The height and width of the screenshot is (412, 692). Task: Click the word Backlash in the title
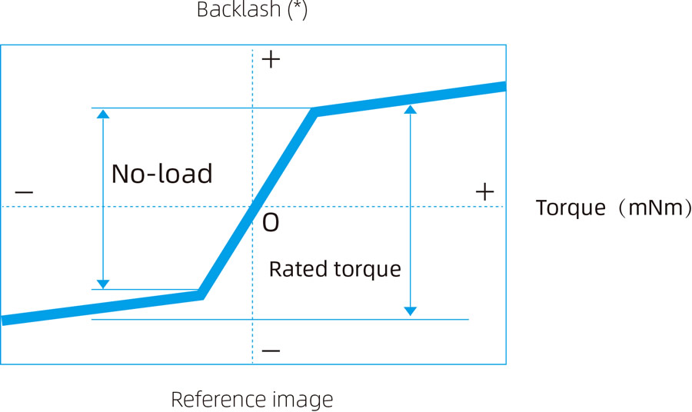point(238,9)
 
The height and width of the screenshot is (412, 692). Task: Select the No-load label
point(162,174)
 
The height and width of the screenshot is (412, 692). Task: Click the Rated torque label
point(335,269)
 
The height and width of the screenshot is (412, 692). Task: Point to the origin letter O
point(271,223)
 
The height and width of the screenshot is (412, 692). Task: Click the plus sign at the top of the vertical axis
point(271,59)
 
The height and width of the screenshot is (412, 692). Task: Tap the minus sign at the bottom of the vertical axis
point(271,351)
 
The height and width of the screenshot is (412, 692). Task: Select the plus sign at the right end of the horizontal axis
point(484,192)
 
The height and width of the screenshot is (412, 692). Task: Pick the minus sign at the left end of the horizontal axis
point(24,192)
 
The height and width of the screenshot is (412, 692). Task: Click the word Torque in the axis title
point(571,208)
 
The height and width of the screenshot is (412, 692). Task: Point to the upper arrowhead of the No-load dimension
point(103,114)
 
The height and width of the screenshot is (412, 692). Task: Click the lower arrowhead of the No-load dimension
point(103,284)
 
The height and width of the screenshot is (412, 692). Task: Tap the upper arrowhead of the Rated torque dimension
point(411,109)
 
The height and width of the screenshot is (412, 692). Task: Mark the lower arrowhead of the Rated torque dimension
point(411,311)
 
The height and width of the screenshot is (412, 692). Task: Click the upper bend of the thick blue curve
point(314,112)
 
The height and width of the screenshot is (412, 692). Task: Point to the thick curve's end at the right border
point(505,86)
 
